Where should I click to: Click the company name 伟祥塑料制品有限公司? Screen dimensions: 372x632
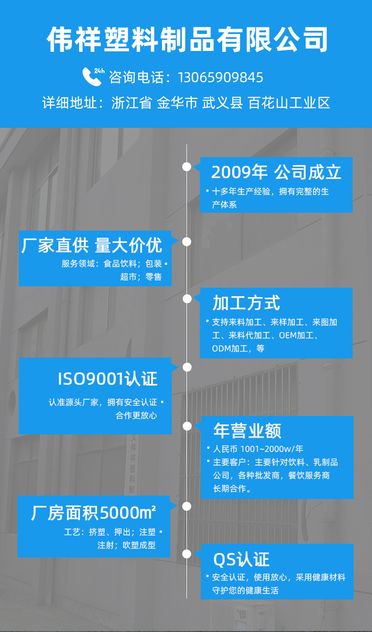[187, 40]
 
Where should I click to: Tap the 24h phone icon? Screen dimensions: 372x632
[92, 76]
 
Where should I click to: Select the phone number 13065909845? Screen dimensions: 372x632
[220, 77]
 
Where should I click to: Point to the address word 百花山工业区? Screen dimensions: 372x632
[289, 103]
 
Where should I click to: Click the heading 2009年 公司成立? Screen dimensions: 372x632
[276, 173]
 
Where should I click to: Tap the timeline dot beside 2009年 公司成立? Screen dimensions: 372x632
[187, 166]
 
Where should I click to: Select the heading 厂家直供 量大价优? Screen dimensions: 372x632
[92, 246]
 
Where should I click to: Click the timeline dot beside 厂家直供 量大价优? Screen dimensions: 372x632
[187, 241]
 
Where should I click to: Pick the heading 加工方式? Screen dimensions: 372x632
[246, 303]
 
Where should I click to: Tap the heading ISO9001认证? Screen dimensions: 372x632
[107, 379]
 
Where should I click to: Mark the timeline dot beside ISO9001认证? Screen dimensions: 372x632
[187, 367]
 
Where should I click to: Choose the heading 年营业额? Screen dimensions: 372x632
[247, 431]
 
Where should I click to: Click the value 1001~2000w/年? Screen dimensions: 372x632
[272, 449]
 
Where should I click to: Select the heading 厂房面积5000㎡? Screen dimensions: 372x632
[94, 512]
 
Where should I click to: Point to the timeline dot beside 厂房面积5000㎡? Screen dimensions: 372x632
[187, 507]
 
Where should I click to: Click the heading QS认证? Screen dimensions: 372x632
[241, 560]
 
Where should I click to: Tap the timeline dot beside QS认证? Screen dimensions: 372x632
[187, 554]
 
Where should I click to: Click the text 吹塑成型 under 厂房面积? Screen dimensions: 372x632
[139, 545]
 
